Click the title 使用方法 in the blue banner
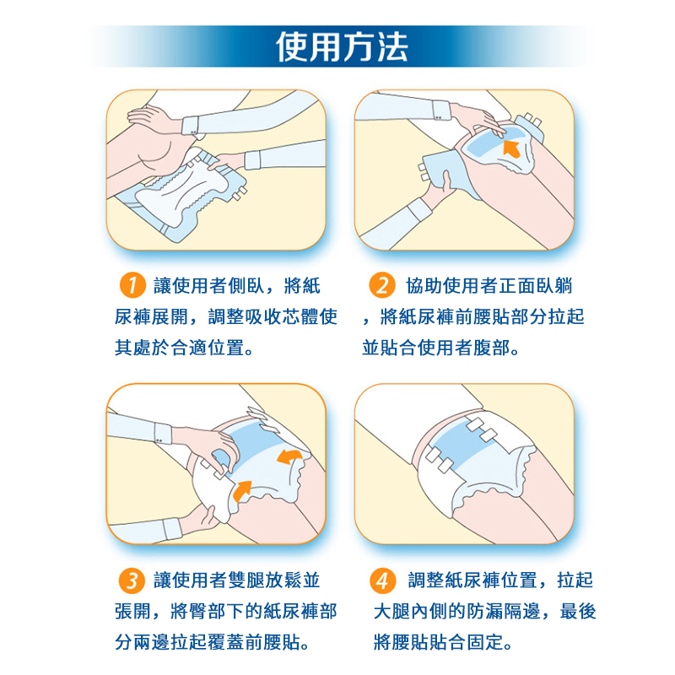(x=342, y=46)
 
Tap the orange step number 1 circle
(x=132, y=285)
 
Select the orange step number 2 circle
(x=382, y=285)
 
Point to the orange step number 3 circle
(x=132, y=580)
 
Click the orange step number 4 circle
(x=383, y=580)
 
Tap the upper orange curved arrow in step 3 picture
(x=289, y=456)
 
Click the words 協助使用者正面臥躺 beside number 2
(x=489, y=286)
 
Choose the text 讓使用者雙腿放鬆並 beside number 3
(x=237, y=580)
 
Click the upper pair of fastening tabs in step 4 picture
(x=482, y=429)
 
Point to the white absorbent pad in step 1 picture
(x=181, y=189)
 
